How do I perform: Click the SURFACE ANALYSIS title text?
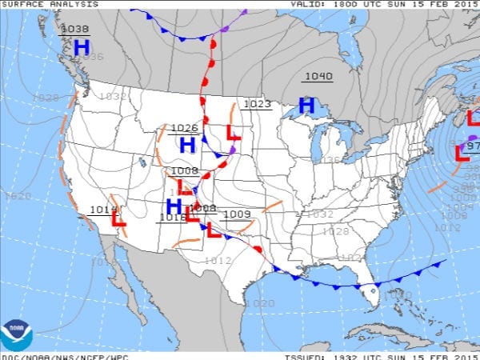50,4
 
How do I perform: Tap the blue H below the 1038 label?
81,48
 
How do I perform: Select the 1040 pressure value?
318,77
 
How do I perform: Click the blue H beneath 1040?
306,105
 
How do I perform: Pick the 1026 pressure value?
185,128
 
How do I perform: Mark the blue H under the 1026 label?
187,145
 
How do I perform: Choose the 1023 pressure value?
257,104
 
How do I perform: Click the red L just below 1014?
118,217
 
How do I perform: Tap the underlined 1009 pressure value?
237,214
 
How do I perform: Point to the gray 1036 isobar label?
90,57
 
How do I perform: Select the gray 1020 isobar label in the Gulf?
260,303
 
